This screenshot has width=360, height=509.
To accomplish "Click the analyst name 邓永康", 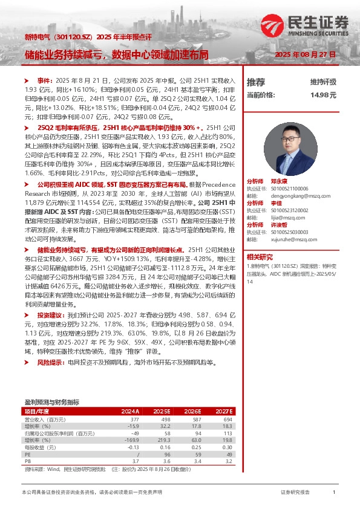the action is pyautogui.click(x=279, y=181).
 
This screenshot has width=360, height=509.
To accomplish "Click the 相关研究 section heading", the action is pyautogui.click(x=260, y=256).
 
